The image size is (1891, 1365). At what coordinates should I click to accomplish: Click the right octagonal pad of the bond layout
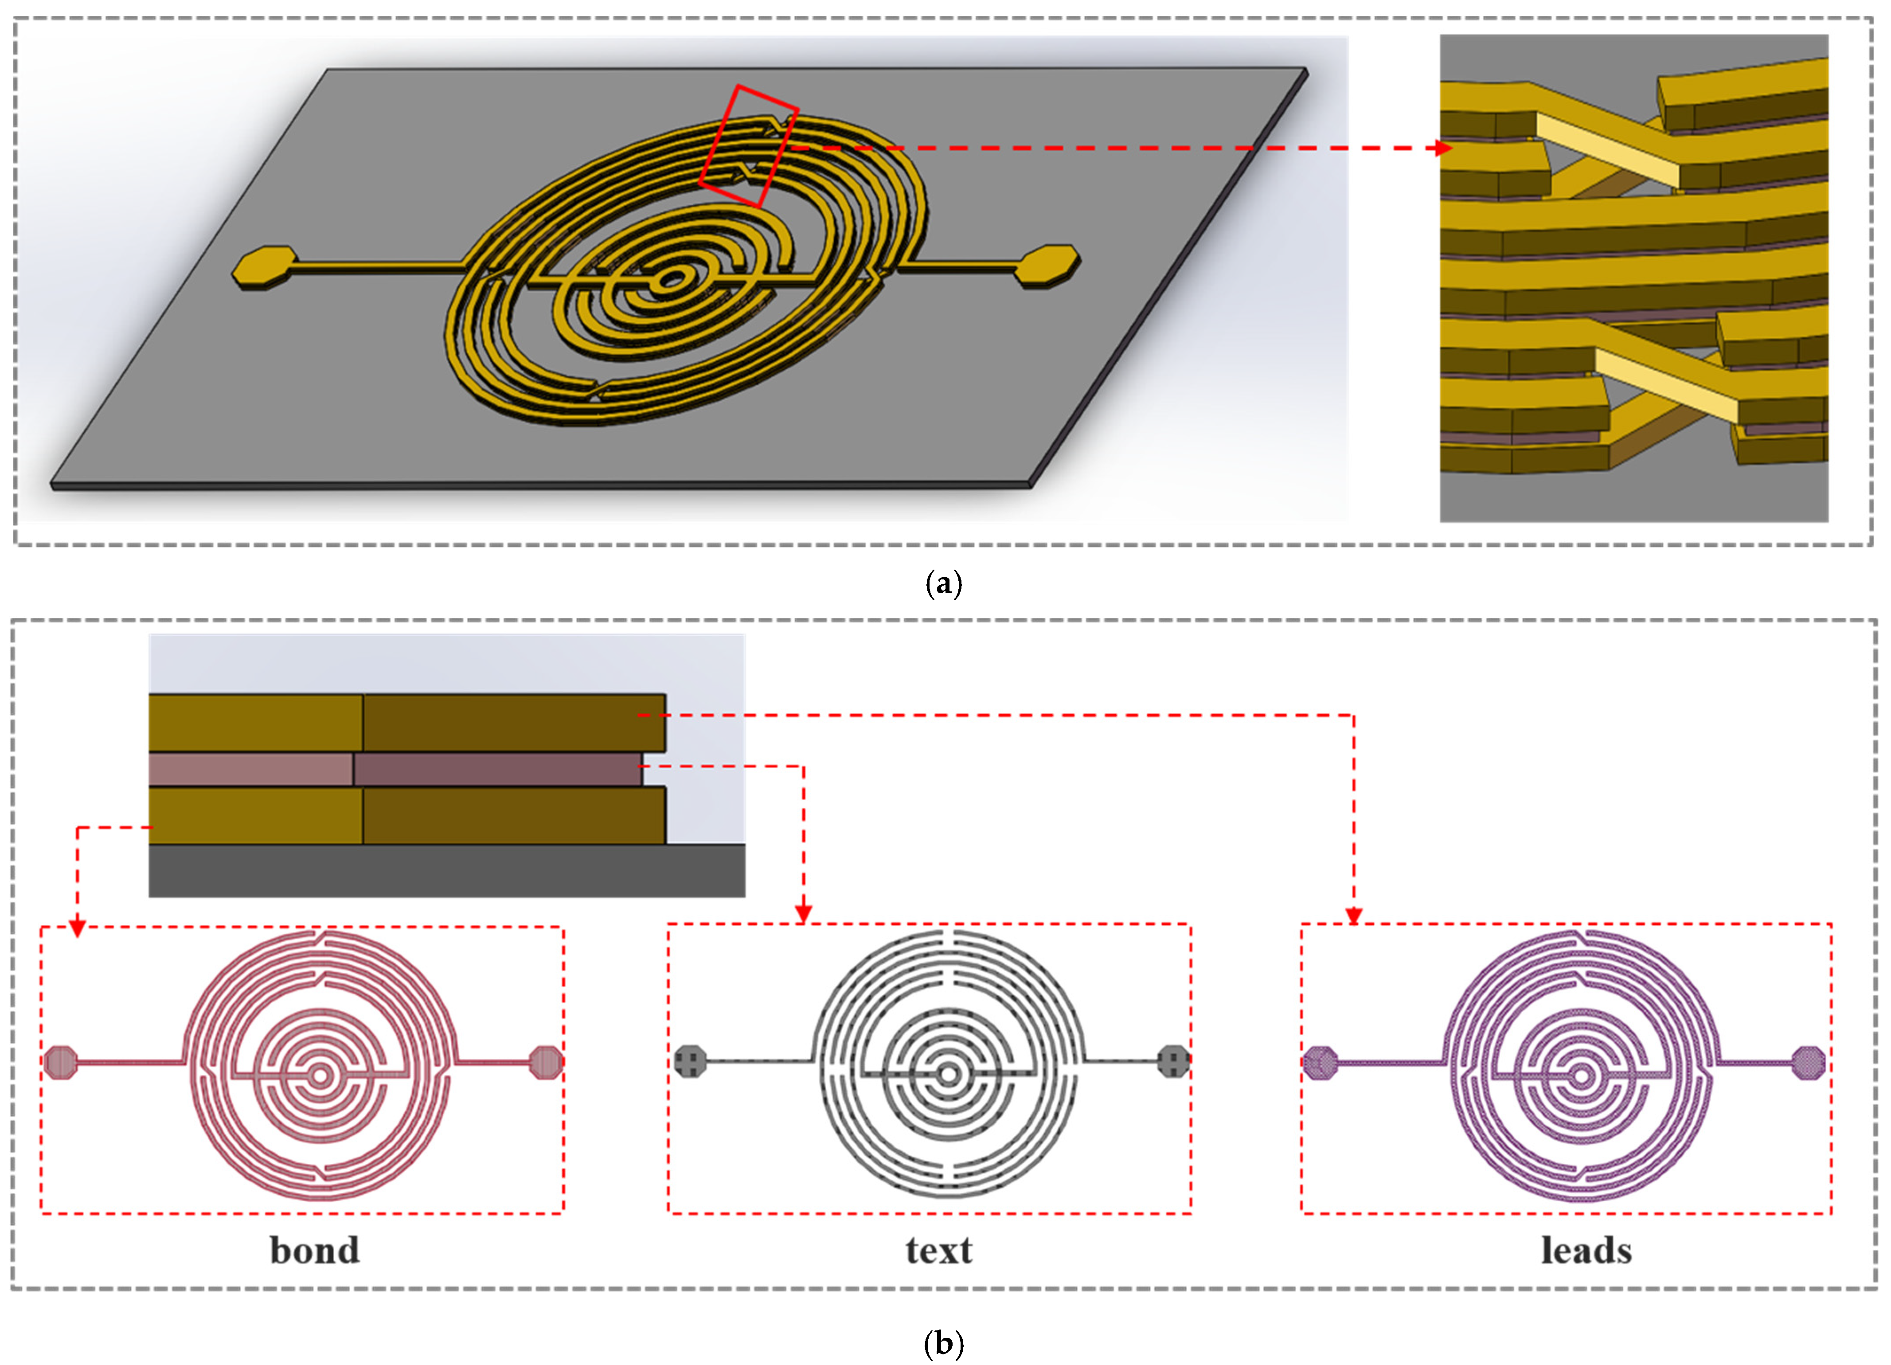(x=546, y=1061)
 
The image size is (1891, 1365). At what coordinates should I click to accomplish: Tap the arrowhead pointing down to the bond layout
(x=78, y=928)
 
